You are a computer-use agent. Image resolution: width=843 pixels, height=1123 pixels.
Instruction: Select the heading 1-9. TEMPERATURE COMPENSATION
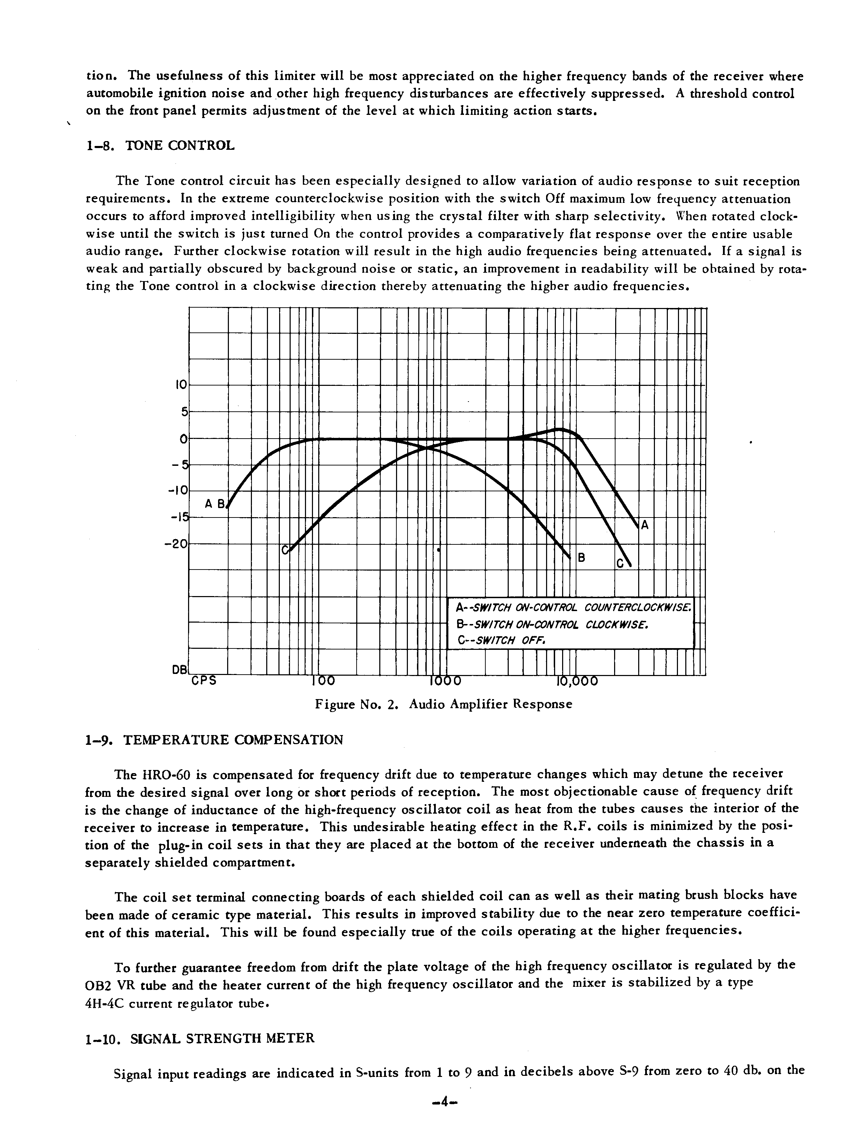214,740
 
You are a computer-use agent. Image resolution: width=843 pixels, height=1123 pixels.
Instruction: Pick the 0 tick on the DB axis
184,438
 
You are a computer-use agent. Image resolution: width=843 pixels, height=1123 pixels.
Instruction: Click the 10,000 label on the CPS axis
577,681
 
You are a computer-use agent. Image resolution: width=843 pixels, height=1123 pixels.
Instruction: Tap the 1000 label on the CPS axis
445,681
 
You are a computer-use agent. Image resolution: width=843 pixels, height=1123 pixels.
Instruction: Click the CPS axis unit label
204,681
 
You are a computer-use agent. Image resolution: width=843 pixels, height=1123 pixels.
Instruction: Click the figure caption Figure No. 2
443,704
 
